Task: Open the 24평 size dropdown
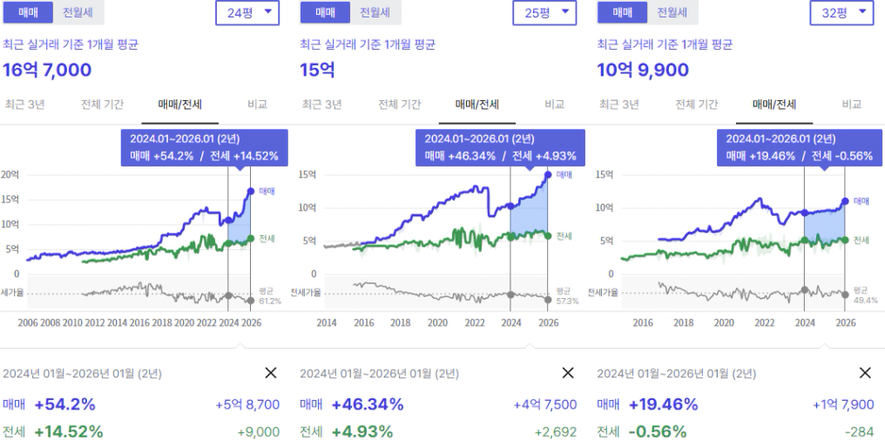click(247, 12)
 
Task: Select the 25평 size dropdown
click(544, 12)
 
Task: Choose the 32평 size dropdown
click(841, 12)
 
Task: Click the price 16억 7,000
click(47, 71)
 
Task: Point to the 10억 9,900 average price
click(643, 71)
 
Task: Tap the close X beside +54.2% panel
click(270, 373)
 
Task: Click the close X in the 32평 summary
click(865, 373)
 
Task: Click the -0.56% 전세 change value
click(657, 431)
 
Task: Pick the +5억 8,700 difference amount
click(247, 404)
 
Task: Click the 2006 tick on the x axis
click(29, 322)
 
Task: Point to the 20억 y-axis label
click(10, 175)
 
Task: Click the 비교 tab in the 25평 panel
click(555, 105)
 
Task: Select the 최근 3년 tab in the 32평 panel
click(618, 105)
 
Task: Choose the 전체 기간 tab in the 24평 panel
click(102, 105)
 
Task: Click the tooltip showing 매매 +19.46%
click(794, 147)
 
